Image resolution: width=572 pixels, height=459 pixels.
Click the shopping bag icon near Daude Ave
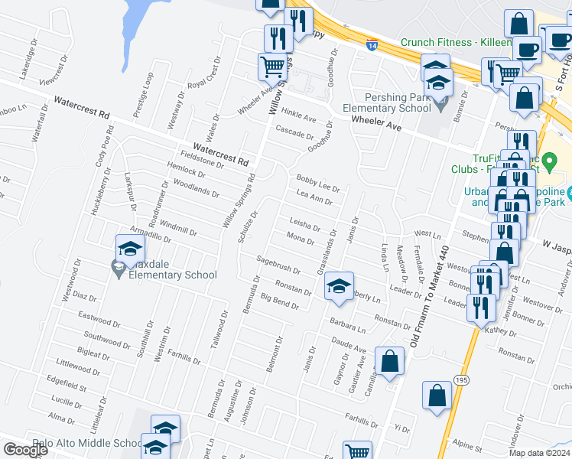click(x=389, y=362)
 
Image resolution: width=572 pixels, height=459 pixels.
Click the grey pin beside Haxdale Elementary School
click(x=118, y=267)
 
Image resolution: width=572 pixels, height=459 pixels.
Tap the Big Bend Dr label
click(x=279, y=301)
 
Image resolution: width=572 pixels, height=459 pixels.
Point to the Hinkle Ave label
click(x=299, y=115)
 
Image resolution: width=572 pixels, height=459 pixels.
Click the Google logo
click(x=25, y=450)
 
